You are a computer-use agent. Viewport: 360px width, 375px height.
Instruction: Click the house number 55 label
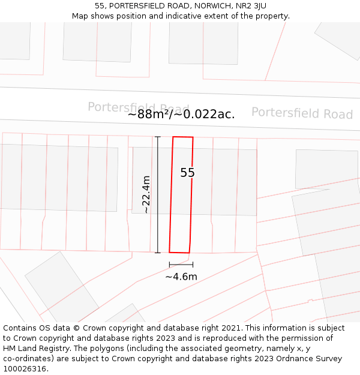188,173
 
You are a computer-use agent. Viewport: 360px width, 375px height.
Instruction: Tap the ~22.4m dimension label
146,194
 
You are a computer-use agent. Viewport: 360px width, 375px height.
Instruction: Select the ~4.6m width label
181,277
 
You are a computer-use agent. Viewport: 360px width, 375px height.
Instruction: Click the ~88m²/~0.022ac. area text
181,114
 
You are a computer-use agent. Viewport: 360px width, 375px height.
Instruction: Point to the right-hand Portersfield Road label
302,113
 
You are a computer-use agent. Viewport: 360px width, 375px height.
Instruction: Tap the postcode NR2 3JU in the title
251,6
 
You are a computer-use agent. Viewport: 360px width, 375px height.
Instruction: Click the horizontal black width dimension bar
181,264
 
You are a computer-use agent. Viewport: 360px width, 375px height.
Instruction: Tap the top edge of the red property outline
183,137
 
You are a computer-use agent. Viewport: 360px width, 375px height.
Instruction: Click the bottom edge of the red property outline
179,253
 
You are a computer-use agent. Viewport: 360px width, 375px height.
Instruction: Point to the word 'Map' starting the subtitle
81,16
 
